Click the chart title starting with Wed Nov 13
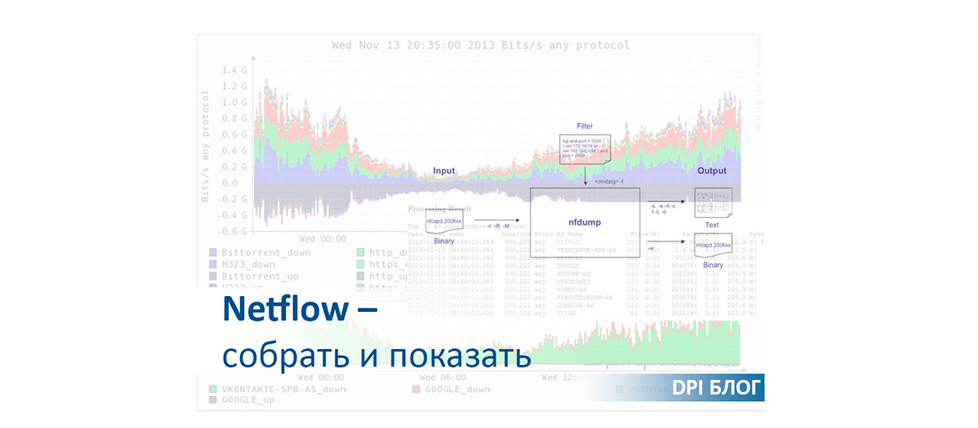[481, 45]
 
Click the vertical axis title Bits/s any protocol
[205, 144]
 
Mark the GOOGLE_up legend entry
[248, 400]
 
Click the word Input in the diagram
[444, 171]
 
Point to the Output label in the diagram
[711, 171]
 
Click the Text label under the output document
[711, 225]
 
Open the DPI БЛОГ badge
[717, 388]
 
